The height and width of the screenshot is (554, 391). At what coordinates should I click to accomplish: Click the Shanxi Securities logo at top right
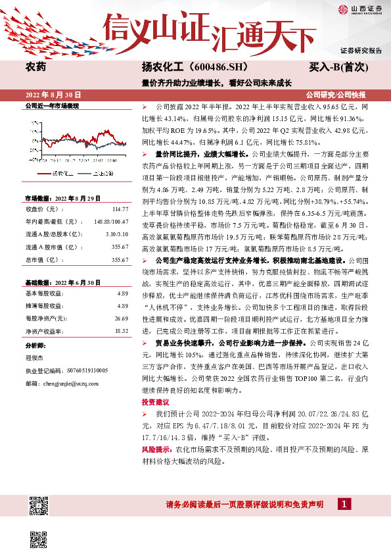tap(361, 9)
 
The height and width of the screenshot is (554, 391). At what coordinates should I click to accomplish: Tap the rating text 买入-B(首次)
tap(338, 67)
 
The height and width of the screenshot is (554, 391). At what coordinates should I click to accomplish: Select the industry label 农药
tap(35, 67)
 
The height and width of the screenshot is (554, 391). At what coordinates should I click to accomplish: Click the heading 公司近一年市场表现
tap(51, 105)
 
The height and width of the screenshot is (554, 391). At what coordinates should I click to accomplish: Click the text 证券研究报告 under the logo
tap(361, 50)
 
